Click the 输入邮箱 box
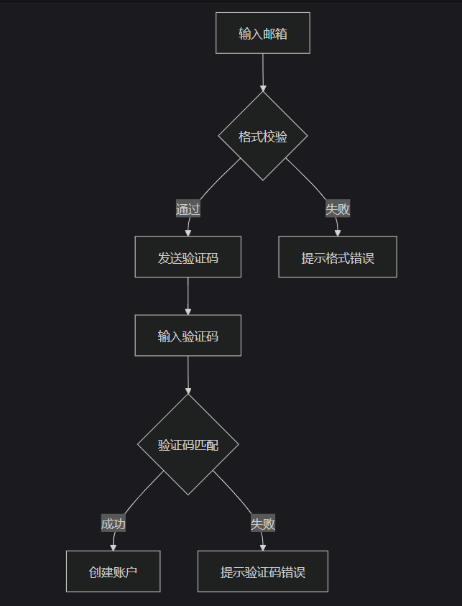point(263,33)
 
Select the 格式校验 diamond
point(263,136)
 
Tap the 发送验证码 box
point(188,257)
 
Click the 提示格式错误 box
point(338,257)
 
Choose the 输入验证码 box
point(188,336)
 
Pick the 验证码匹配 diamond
point(188,445)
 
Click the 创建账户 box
point(113,572)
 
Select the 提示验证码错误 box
point(263,572)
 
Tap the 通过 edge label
point(188,209)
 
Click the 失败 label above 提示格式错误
point(338,209)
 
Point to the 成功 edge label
point(114,523)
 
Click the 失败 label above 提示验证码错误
point(263,523)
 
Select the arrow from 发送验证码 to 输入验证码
point(188,295)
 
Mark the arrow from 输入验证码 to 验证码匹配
point(188,374)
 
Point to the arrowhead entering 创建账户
point(113,547)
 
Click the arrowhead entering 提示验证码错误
point(263,547)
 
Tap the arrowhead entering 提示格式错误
point(338,232)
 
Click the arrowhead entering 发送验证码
point(188,232)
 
